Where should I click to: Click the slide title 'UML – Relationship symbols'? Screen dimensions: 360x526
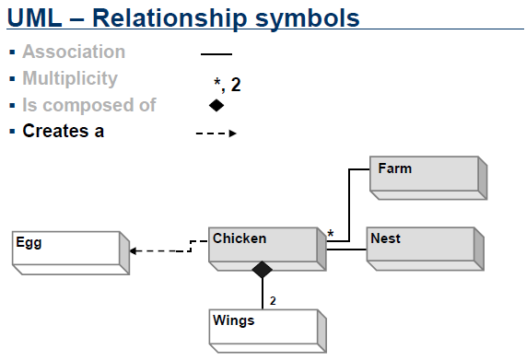(182, 17)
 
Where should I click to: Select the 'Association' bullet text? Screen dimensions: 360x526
(74, 52)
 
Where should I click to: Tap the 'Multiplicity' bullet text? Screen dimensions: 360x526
(70, 79)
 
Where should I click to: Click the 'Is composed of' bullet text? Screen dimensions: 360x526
(89, 105)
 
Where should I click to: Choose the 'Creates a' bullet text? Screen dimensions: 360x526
(63, 132)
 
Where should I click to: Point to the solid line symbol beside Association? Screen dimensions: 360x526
(216, 54)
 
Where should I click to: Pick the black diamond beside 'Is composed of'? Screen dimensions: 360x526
(216, 106)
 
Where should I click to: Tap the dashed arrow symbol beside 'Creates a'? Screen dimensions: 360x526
(216, 134)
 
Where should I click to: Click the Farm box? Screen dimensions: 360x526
(426, 177)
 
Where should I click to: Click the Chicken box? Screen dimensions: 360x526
(264, 246)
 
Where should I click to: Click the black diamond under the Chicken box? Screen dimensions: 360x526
(263, 270)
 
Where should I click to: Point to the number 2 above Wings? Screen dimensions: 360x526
(273, 301)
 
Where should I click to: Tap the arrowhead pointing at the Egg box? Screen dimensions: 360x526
(134, 250)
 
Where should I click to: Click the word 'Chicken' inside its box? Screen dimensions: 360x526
(240, 239)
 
